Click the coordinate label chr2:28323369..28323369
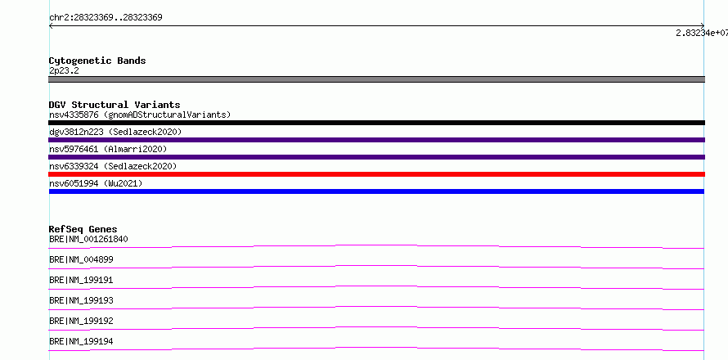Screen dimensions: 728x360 (x=106, y=18)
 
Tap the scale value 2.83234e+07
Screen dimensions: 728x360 (x=702, y=33)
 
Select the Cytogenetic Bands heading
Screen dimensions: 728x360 (x=97, y=61)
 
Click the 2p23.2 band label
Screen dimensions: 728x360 (x=64, y=70)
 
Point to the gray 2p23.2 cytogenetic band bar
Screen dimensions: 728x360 (x=376, y=79)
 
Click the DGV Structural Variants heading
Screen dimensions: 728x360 (x=115, y=105)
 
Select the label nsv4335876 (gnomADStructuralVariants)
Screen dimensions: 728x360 (x=140, y=115)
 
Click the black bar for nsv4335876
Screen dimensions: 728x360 (x=376, y=123)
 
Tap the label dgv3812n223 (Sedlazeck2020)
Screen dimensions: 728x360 (x=115, y=132)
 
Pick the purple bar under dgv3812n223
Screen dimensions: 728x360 (x=376, y=140)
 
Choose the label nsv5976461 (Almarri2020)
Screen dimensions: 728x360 (x=108, y=149)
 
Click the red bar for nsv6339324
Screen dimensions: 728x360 (x=376, y=174)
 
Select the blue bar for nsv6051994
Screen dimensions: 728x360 (x=376, y=191)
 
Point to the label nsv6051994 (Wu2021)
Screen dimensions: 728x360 (x=96, y=183)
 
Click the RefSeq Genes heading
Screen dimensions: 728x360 (x=83, y=229)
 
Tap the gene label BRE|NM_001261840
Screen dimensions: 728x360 (x=88, y=239)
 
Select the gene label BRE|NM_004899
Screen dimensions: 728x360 (x=81, y=259)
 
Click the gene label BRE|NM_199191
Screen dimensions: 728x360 (x=81, y=280)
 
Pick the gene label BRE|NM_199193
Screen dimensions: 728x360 (x=81, y=300)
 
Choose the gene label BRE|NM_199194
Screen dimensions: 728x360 (x=81, y=341)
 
